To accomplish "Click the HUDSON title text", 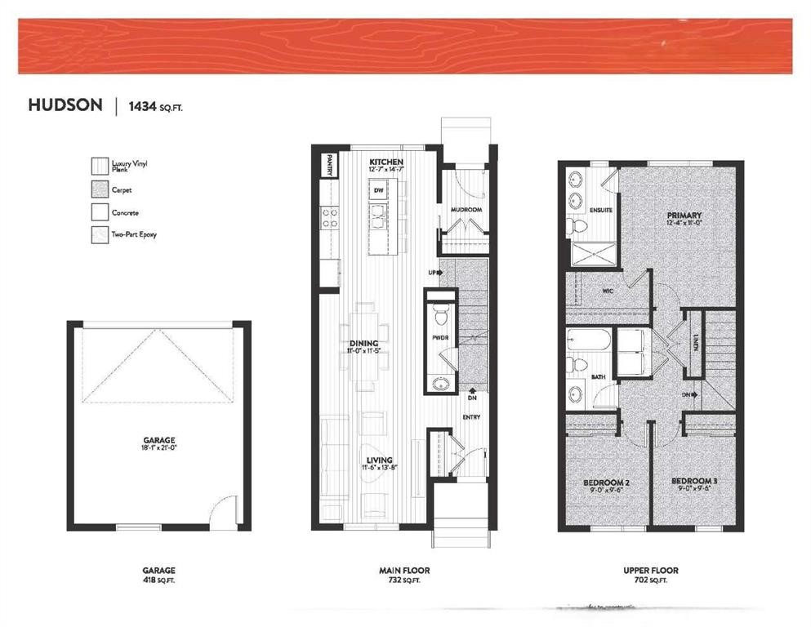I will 65,105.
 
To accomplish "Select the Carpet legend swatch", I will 100,189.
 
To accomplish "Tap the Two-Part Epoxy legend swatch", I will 100,235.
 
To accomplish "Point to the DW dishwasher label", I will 378,191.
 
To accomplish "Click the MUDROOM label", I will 466,210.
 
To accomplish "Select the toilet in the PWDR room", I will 441,313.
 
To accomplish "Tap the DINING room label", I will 364,343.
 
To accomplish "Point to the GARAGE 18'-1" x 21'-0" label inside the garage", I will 159,444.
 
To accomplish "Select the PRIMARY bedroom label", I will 684,216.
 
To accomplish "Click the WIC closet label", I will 606,288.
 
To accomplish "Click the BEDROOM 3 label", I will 694,482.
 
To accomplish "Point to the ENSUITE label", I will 602,210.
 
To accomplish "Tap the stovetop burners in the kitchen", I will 330,216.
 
